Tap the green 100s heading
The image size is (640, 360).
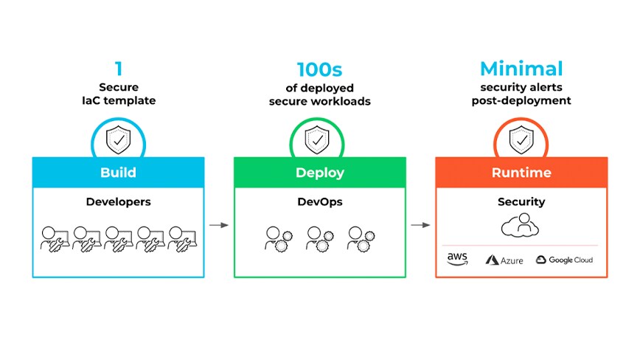319,69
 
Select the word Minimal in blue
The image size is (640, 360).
521,69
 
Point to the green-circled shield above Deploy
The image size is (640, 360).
319,138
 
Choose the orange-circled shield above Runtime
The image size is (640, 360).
521,138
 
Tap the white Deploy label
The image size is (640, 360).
319,173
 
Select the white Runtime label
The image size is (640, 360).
521,173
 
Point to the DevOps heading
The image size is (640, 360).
319,201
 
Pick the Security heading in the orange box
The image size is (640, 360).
521,201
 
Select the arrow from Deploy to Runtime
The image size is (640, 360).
420,224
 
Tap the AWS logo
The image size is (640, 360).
458,258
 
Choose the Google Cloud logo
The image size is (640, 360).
564,260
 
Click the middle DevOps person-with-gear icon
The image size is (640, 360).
319,238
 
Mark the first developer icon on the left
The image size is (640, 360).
53,238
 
